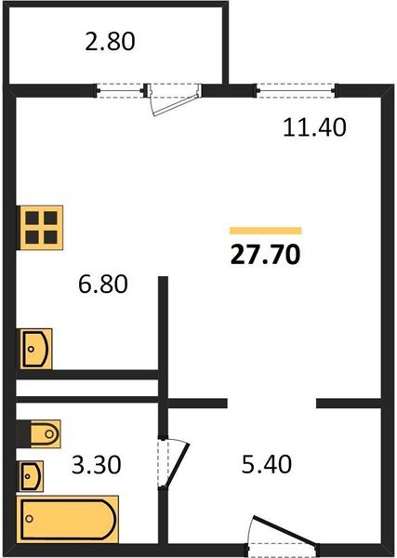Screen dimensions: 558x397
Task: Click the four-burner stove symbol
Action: (x=41, y=226)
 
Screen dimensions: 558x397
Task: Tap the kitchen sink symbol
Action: (x=36, y=350)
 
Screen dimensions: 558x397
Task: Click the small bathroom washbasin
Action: (x=32, y=476)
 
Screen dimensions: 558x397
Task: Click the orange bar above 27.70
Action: (x=265, y=230)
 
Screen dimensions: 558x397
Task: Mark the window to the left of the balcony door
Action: (x=121, y=90)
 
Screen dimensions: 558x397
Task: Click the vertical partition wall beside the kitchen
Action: (x=163, y=325)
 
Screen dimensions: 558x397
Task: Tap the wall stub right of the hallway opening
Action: (x=351, y=403)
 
